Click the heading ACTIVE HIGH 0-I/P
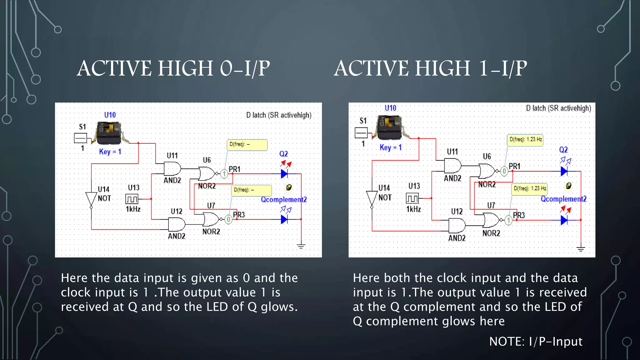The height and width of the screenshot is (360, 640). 173,68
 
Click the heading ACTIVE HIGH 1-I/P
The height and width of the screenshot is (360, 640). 430,68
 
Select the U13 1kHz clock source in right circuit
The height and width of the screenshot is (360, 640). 412,198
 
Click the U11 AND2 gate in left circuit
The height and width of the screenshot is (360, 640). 172,169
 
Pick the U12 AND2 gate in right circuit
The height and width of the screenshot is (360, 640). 457,225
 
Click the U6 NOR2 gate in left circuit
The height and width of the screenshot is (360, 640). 207,173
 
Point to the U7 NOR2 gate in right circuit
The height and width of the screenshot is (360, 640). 491,220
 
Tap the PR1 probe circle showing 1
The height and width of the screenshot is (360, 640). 224,174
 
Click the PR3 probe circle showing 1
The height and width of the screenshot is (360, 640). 508,220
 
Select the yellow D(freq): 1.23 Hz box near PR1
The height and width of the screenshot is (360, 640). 525,140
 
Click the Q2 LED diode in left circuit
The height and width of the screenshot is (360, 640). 284,174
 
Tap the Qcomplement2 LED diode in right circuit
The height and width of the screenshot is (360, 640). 564,220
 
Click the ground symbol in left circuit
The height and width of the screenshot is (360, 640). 301,247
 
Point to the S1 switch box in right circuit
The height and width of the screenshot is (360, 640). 361,133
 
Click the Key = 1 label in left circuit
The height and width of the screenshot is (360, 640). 110,152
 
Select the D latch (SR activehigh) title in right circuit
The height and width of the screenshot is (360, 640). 558,108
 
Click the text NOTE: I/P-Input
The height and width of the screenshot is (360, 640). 536,341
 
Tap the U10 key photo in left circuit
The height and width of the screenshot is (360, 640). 109,133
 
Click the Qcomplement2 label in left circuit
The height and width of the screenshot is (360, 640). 284,200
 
